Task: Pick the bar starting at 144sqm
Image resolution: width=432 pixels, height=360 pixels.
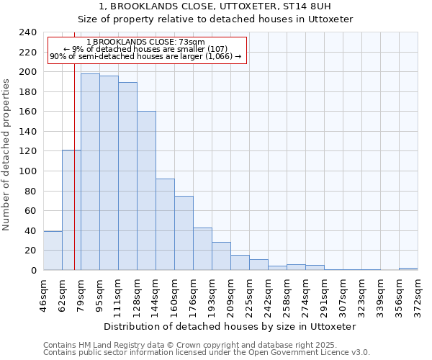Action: pyautogui.click(x=165, y=224)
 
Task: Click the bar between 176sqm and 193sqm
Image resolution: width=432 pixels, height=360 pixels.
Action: pyautogui.click(x=202, y=249)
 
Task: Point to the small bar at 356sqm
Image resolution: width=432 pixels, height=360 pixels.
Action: pyautogui.click(x=408, y=269)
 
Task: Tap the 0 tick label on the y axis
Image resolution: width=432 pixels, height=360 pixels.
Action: pyautogui.click(x=34, y=271)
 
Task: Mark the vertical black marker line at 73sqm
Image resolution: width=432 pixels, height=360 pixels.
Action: pyautogui.click(x=74, y=180)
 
